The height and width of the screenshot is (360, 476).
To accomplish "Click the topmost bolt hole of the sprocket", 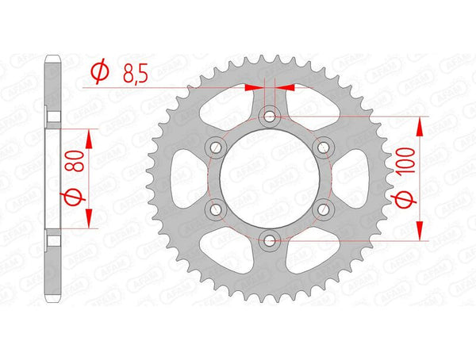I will [271, 117].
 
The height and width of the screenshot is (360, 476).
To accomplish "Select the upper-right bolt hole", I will [324, 147].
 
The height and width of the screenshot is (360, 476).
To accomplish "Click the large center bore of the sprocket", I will [271, 178].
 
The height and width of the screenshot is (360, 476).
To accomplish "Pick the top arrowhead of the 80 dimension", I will [88, 137].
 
